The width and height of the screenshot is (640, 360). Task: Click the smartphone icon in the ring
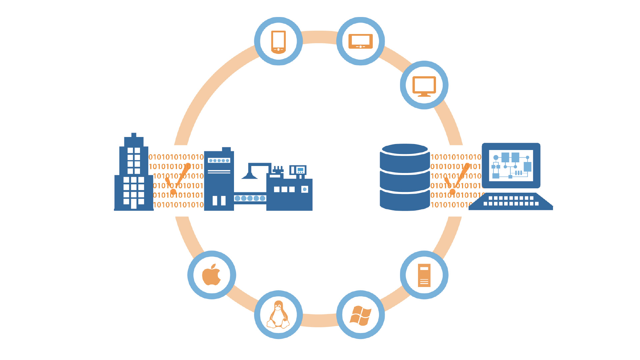point(278,42)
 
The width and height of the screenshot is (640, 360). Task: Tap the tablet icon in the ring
point(360,42)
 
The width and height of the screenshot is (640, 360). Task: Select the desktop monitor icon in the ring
point(424,86)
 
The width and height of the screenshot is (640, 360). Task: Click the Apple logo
point(211,275)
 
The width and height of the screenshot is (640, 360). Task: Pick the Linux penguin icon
point(278,315)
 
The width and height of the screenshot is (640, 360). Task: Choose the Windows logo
point(360,315)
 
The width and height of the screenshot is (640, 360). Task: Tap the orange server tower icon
point(424,275)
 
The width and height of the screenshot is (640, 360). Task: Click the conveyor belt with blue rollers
point(250,198)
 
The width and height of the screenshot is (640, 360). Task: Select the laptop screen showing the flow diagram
point(511,165)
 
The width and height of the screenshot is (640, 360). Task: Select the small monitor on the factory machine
point(298,170)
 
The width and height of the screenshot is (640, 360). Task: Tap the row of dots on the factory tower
point(219,161)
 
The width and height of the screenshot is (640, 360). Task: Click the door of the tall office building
point(134,203)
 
